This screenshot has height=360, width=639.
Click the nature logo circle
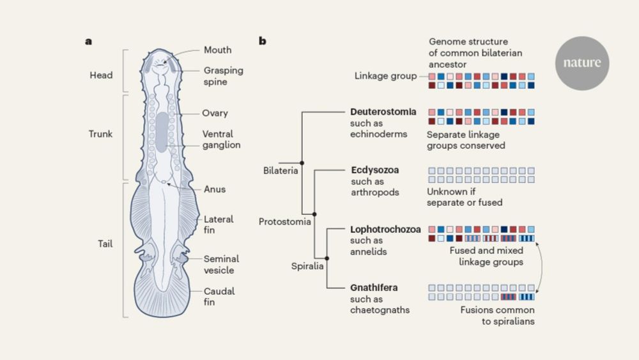tap(582, 63)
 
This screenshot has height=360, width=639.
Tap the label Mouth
tap(217, 50)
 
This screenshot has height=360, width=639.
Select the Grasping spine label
tap(223, 76)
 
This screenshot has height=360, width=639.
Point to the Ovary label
tap(216, 113)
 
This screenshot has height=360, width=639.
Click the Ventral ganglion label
tap(222, 139)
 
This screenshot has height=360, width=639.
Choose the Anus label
tap(214, 189)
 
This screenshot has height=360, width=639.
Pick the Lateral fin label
tap(218, 224)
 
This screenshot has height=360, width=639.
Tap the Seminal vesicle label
tap(221, 264)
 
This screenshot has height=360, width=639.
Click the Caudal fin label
tap(219, 297)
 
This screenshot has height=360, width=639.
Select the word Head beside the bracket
tap(101, 75)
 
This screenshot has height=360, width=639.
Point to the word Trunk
tap(100, 134)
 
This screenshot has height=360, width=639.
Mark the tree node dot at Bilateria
tap(302, 164)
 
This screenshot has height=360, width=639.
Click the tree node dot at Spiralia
tap(327, 257)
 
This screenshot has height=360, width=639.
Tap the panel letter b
tap(263, 41)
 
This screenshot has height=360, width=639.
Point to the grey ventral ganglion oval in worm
tap(163, 132)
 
